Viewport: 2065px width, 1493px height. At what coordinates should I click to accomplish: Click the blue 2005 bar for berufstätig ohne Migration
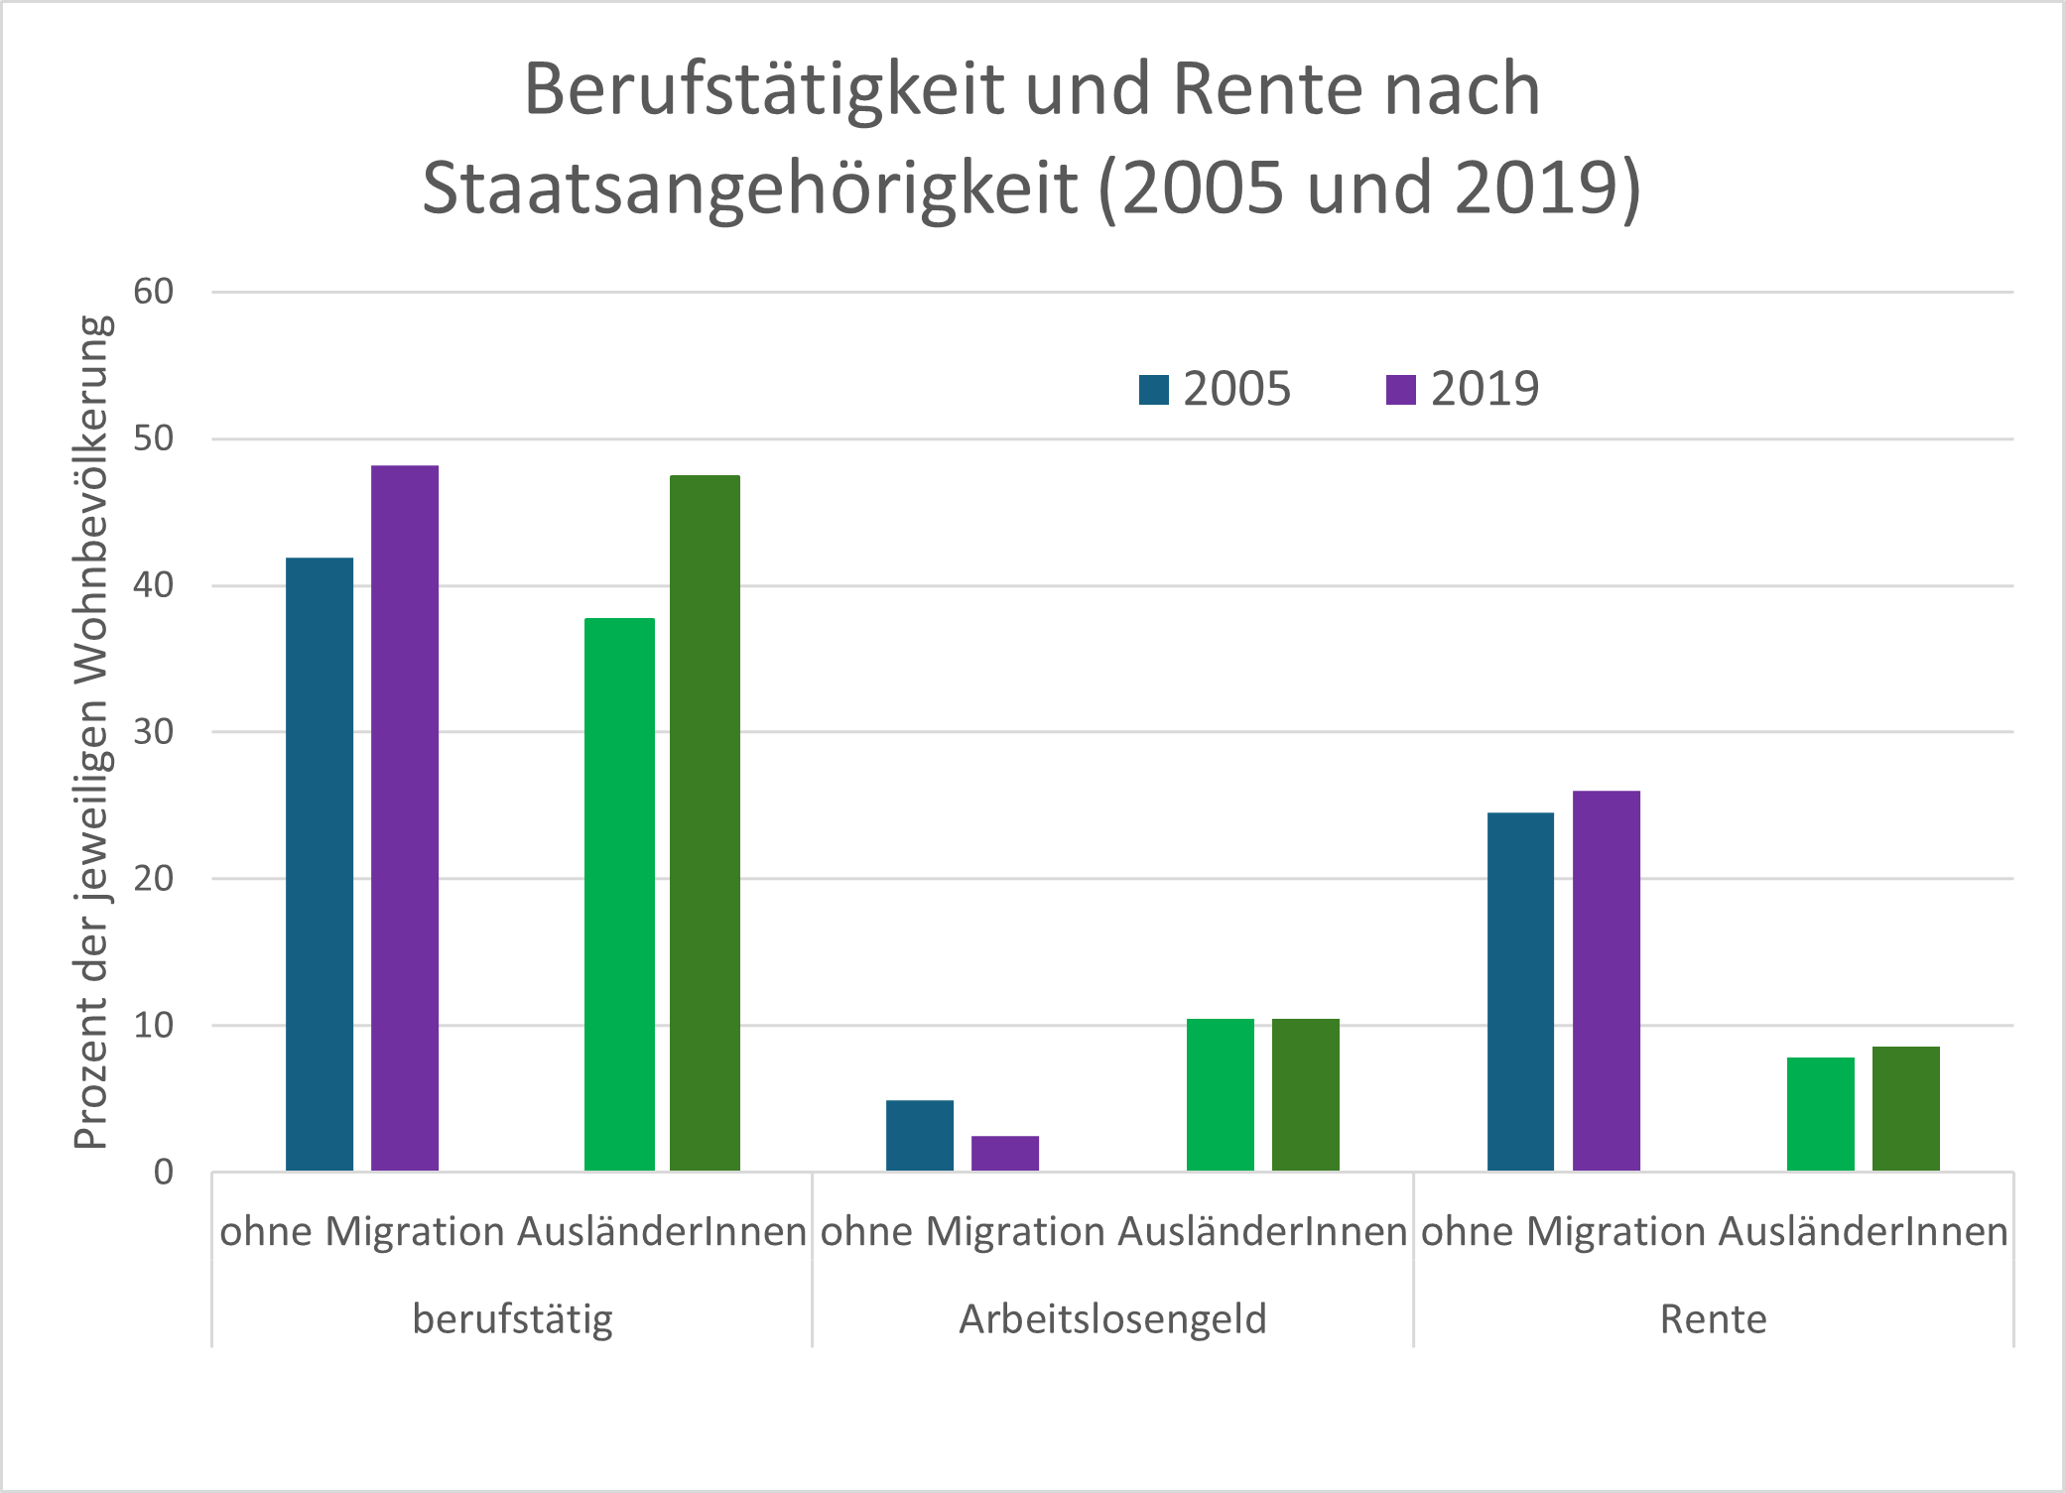pos(319,864)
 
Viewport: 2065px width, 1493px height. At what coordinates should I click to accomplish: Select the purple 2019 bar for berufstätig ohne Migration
pos(404,818)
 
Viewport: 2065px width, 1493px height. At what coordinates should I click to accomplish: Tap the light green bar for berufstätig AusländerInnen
pos(619,894)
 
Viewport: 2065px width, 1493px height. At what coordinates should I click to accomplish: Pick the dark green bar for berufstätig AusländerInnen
pos(705,823)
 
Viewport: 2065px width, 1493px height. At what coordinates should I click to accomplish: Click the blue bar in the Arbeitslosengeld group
pos(919,1135)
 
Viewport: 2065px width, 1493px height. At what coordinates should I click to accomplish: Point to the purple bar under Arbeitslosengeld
pos(1004,1153)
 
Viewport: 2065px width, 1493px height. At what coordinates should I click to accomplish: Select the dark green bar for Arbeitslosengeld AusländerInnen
pos(1305,1094)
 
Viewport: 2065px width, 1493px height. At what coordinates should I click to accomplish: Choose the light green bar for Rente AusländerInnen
pos(1820,1114)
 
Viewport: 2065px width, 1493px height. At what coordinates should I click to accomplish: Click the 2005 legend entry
pos(1216,389)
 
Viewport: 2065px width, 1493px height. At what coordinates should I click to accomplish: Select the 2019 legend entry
pos(1463,389)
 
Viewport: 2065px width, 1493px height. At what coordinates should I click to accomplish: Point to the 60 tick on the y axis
pos(154,292)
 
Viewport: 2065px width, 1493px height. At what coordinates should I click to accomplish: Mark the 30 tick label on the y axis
pos(154,732)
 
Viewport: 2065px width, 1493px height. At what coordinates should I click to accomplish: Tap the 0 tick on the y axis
pos(164,1173)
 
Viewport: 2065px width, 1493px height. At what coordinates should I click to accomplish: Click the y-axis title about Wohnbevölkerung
pos(91,732)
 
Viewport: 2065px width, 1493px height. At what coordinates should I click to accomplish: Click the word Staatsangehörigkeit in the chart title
pos(749,188)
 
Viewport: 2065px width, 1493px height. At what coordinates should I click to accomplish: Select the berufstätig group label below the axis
pos(512,1319)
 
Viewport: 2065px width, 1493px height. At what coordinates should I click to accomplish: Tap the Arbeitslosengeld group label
pos(1112,1319)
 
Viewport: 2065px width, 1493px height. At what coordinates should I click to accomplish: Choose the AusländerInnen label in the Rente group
pos(1863,1232)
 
